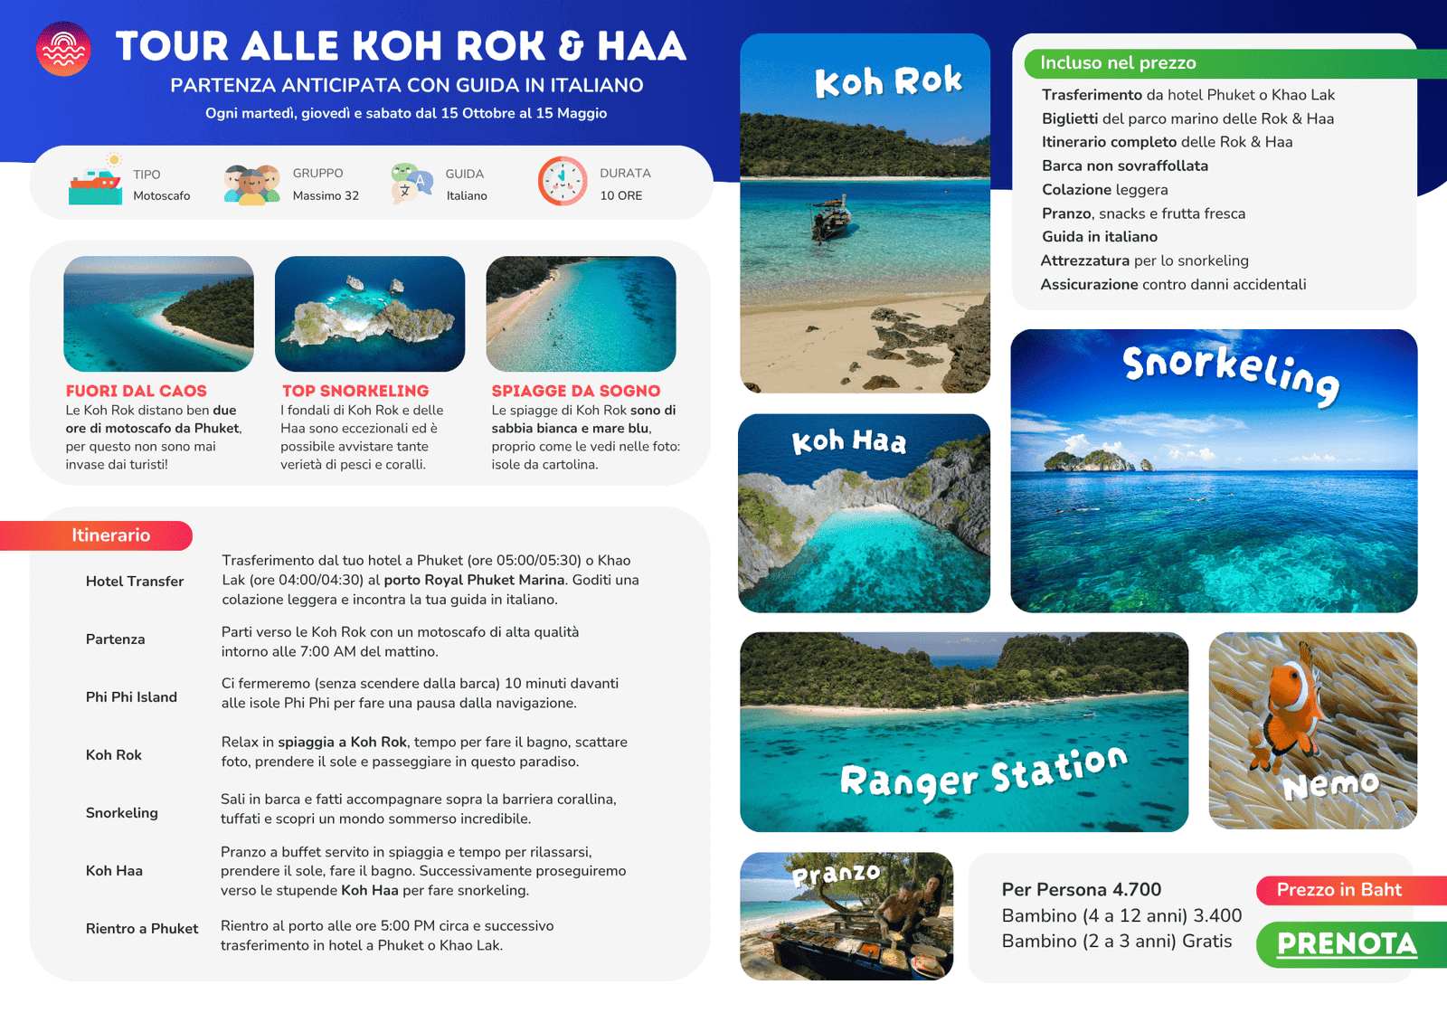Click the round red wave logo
(63, 49)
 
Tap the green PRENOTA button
(1348, 944)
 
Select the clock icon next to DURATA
(563, 181)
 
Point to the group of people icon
(251, 184)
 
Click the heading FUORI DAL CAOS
(136, 391)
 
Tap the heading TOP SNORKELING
(355, 391)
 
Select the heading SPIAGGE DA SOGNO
(576, 391)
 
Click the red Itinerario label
(110, 535)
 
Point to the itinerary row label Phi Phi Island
(131, 697)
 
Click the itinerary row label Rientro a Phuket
(142, 929)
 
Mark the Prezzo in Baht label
(1339, 890)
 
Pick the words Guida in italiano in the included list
(1100, 237)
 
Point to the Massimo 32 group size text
(326, 196)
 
